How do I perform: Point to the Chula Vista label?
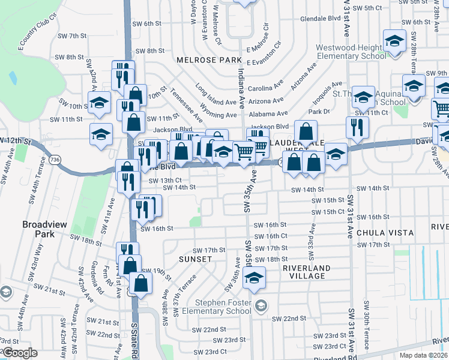[x=385, y=232]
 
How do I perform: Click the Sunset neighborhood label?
[x=195, y=259]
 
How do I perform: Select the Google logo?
[x=20, y=353]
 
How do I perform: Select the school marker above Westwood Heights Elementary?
[x=394, y=42]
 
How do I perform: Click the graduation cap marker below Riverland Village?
[x=255, y=277]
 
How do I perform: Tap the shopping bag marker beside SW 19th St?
[x=140, y=284]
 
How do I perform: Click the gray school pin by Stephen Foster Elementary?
[x=261, y=306]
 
